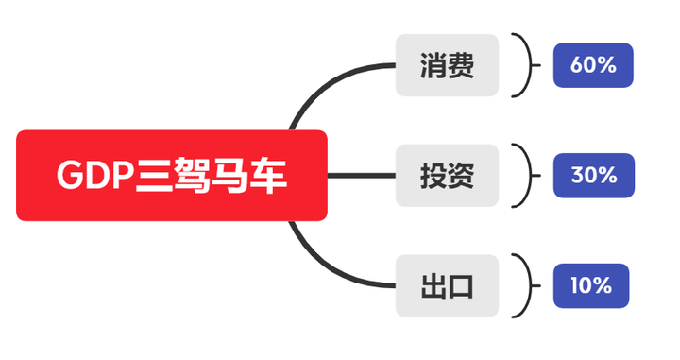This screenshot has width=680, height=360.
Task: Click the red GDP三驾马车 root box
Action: (172, 176)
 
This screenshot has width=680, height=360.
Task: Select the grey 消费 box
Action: (447, 65)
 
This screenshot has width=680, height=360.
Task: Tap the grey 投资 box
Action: (447, 176)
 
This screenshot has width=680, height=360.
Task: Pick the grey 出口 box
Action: (447, 285)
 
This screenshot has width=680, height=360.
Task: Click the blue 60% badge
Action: (593, 65)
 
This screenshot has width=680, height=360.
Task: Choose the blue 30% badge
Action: (593, 175)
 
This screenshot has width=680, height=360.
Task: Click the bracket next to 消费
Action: (521, 65)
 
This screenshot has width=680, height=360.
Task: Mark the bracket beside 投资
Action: (522, 176)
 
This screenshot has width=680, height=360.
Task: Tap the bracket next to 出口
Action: (521, 285)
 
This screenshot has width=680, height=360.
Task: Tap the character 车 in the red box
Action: (269, 177)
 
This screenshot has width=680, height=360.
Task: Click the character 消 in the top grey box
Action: (433, 66)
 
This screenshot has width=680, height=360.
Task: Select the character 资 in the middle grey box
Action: (460, 176)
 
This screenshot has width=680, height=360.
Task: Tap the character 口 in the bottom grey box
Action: (460, 285)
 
